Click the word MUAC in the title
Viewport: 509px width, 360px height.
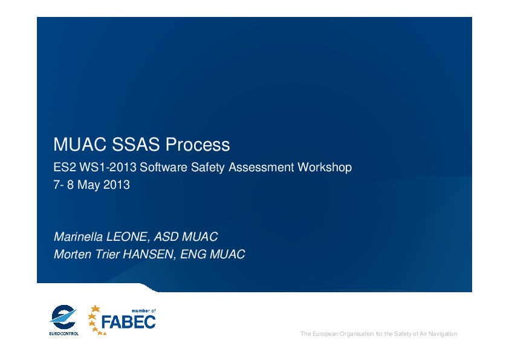80,144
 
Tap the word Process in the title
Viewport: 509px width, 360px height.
198,144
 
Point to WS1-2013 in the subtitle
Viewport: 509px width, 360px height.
108,168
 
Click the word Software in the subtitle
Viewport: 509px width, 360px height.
164,168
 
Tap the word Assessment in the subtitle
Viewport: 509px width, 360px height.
261,168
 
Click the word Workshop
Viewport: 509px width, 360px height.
325,168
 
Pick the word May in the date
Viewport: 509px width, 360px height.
89,185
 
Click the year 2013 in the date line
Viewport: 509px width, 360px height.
117,185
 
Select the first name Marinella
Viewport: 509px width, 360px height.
78,237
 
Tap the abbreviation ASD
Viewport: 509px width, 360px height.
166,237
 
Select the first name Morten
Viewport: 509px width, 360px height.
73,254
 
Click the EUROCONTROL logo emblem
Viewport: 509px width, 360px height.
63,317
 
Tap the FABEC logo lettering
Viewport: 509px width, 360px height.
129,322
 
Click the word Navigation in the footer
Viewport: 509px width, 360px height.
443,334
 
